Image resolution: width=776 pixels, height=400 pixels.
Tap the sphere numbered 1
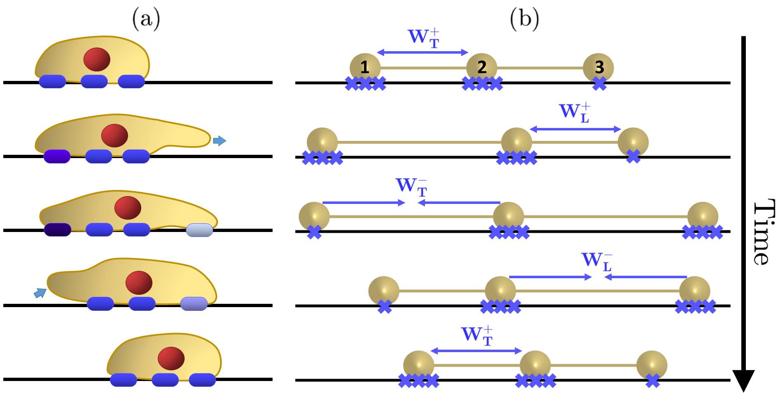coord(365,68)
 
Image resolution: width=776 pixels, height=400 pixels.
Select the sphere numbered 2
coord(482,68)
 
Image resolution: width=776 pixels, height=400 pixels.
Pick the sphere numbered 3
coord(598,68)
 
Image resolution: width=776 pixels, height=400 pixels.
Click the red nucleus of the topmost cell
coord(97,59)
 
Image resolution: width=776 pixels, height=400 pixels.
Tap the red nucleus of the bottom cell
coord(171,358)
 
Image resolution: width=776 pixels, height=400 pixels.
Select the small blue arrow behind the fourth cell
coord(40,293)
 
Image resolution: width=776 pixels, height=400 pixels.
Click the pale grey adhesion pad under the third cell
coord(199,230)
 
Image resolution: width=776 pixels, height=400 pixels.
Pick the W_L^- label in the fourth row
coord(597,261)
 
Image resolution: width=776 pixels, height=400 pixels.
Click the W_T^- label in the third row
coord(411,187)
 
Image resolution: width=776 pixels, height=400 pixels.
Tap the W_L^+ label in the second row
coord(574,113)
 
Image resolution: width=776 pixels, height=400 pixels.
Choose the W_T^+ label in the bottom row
coord(477,336)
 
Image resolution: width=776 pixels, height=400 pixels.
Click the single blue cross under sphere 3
coord(599,84)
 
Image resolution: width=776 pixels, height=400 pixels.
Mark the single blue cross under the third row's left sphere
coord(314,232)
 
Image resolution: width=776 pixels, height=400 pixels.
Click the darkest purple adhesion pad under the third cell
coord(57,230)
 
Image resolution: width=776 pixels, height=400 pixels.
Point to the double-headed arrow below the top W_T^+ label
coord(422,52)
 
